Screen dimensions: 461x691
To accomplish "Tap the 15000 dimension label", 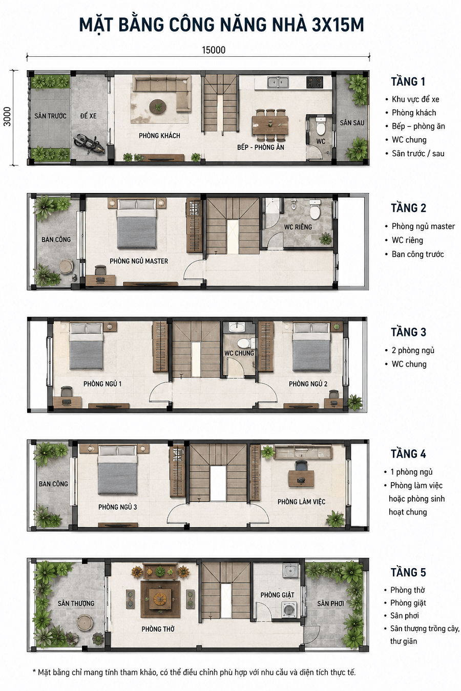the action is tap(214, 50).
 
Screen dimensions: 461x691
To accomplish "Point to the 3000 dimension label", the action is tap(7, 117).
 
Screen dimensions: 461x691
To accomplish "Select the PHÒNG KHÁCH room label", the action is tap(159, 136).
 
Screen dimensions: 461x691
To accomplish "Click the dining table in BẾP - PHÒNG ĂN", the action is tap(270, 124).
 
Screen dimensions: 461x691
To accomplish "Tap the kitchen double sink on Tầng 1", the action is tap(278, 82).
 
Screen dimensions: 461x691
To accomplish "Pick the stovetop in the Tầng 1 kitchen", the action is tap(315, 82).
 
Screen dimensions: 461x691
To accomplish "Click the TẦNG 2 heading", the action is tap(409, 208).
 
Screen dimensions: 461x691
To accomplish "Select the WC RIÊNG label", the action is tap(298, 227).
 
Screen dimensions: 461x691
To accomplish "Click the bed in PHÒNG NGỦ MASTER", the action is tap(137, 224).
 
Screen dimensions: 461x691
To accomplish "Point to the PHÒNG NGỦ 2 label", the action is tap(308, 384).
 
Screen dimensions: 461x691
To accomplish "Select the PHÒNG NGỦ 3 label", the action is tap(118, 507).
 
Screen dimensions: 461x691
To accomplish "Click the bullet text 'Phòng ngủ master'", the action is tap(423, 226).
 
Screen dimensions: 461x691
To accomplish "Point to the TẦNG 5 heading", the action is tap(408, 572).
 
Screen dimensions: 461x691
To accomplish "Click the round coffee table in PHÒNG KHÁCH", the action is tap(158, 107).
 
